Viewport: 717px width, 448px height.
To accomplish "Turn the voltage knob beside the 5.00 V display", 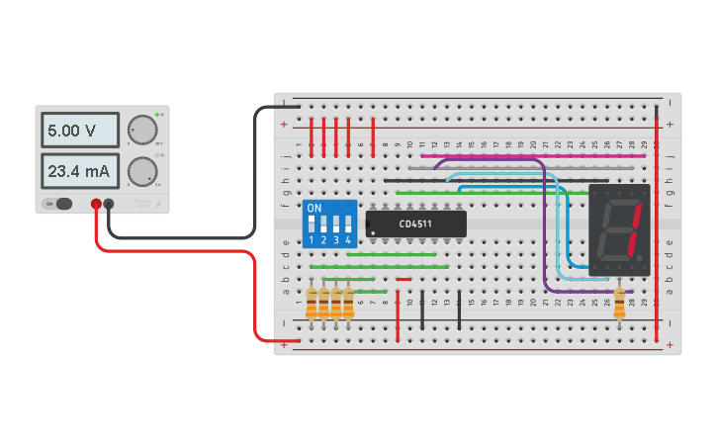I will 143,131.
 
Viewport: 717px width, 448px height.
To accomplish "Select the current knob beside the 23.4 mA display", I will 143,171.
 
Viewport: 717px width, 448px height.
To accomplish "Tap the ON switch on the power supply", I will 58,204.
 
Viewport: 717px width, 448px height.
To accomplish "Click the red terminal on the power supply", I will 96,205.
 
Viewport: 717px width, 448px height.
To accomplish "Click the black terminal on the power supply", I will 109,205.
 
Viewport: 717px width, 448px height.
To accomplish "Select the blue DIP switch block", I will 330,224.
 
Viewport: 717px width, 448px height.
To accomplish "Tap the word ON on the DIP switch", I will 314,209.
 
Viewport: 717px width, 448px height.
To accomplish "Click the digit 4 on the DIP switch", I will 348,240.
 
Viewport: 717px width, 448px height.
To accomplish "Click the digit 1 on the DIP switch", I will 313,240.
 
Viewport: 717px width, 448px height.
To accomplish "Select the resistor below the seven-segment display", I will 620,305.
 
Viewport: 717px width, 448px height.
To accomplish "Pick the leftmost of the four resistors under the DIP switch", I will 313,305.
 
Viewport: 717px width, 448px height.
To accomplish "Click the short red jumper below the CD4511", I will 403,279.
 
